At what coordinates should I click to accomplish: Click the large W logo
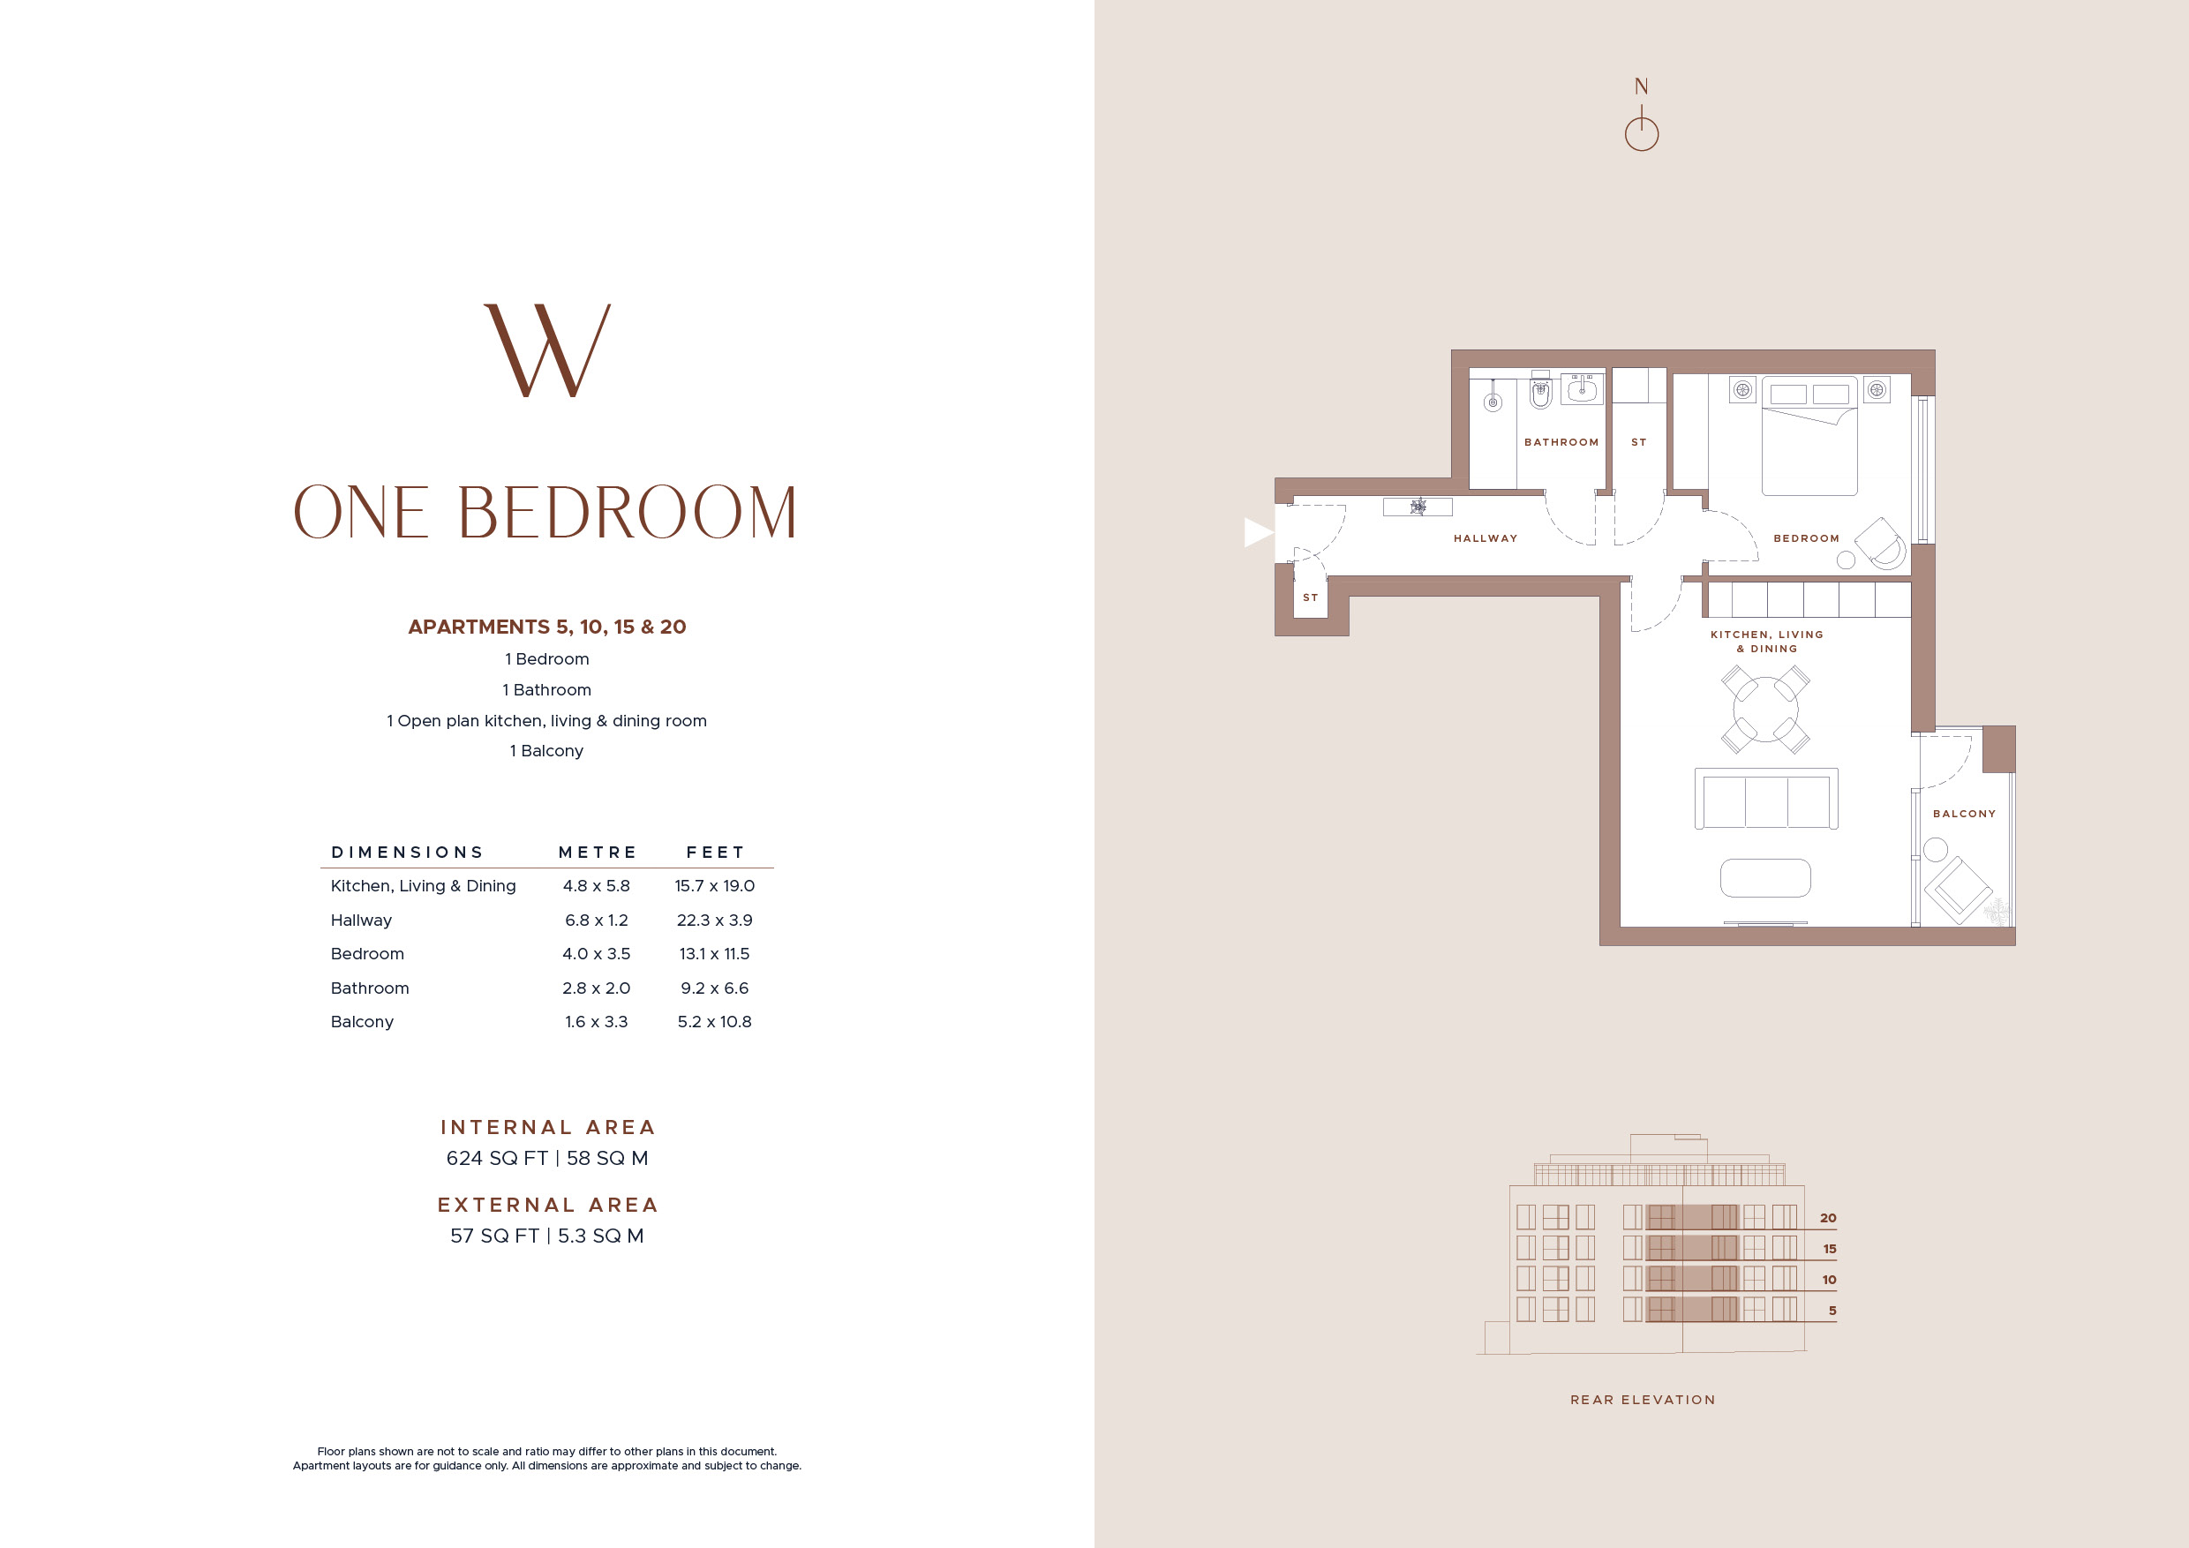tap(547, 349)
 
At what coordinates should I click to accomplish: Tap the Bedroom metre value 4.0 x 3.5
tap(596, 954)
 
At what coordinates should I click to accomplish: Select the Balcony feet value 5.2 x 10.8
tap(714, 1022)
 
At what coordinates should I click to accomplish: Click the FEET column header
tap(715, 853)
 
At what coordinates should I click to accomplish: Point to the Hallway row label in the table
tap(361, 921)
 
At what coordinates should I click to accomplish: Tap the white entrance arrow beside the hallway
tap(1259, 532)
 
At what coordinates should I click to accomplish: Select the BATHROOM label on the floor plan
tap(1561, 442)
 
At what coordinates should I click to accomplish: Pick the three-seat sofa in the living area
tap(1766, 799)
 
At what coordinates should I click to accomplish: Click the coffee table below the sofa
tap(1765, 878)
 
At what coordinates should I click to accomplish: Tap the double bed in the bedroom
tap(1809, 436)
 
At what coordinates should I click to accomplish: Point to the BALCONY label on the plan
tap(1964, 814)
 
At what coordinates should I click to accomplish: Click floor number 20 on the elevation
tap(1828, 1218)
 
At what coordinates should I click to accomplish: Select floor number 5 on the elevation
tap(1832, 1311)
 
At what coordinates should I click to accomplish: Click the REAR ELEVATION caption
tap(1643, 1401)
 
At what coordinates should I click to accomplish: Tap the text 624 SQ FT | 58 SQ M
tap(547, 1158)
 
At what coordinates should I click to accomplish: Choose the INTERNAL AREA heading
tap(547, 1128)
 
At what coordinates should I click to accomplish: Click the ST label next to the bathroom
tap(1639, 442)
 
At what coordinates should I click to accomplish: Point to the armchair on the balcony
tap(1959, 890)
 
